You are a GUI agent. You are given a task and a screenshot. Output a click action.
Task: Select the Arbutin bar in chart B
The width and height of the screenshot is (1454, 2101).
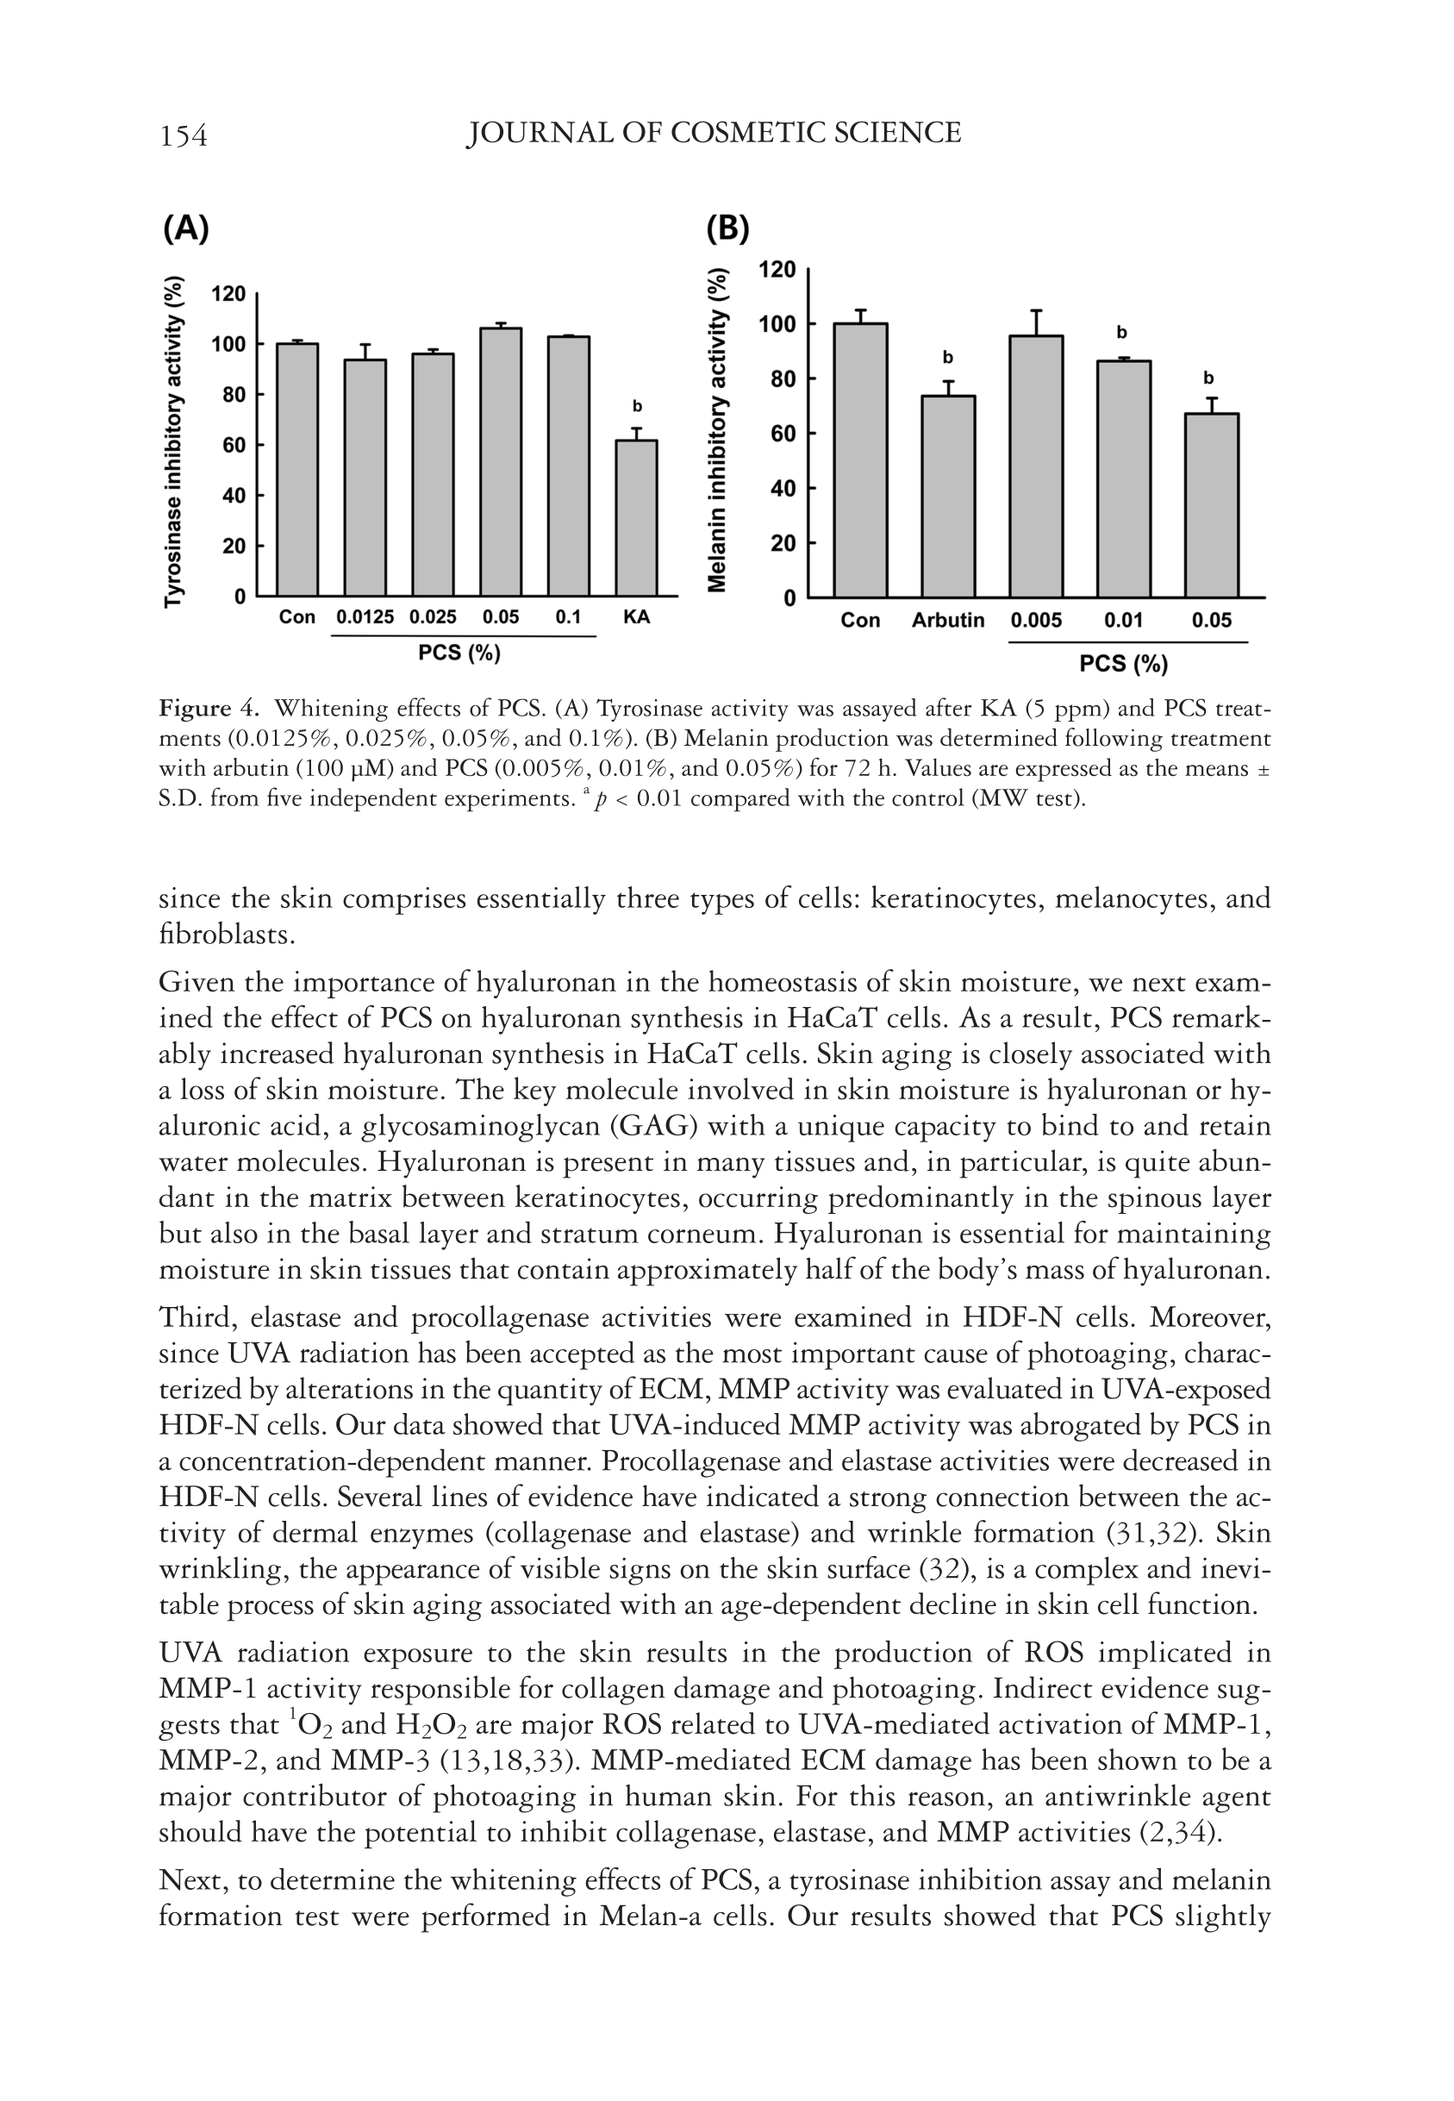947,496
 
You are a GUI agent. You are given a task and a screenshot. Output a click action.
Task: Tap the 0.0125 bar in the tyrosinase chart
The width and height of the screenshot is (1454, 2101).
365,478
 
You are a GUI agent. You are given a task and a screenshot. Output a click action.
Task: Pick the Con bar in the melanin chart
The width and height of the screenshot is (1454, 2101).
860,460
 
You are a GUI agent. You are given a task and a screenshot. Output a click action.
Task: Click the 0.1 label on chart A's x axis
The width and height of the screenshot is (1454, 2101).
568,616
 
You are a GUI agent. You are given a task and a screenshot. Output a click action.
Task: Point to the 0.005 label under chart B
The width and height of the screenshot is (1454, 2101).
1036,621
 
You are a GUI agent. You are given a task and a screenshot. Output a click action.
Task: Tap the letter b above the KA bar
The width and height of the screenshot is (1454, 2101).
637,405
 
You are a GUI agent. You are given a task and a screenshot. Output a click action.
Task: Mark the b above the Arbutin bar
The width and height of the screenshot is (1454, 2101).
947,357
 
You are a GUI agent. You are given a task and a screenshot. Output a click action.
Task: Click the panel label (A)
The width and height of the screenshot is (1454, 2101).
186,228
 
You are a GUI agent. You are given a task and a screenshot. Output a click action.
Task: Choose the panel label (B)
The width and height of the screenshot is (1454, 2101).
727,228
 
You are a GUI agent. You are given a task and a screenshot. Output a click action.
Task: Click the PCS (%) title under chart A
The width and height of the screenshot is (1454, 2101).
459,653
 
